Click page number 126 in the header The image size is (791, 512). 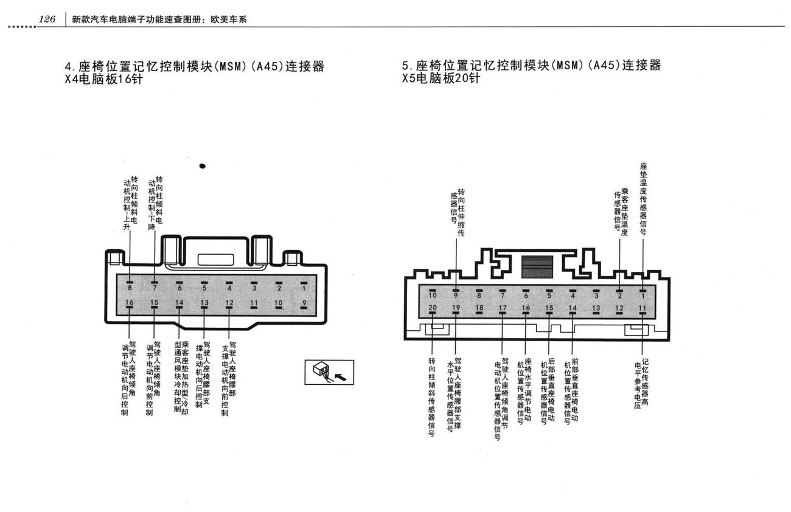(47, 19)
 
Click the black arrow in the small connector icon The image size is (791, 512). (340, 378)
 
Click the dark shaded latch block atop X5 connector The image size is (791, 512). (537, 267)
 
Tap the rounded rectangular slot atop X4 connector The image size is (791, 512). (215, 260)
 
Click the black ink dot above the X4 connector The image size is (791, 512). (203, 166)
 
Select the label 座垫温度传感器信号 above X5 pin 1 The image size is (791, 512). (643, 199)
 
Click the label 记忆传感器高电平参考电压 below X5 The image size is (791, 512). (641, 384)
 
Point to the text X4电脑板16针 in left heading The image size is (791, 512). (104, 79)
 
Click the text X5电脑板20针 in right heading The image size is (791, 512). (441, 78)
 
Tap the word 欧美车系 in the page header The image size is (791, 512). (228, 19)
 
